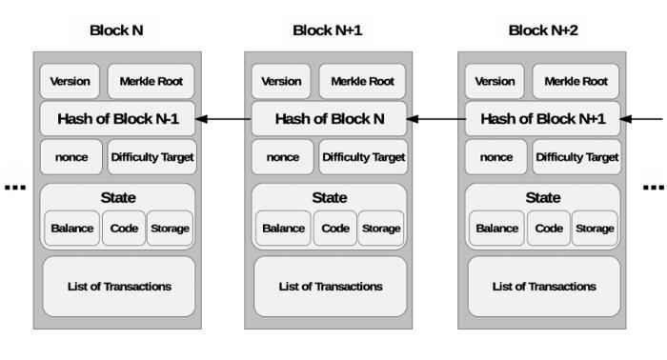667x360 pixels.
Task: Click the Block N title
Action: click(116, 30)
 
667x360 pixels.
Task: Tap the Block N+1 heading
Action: click(328, 30)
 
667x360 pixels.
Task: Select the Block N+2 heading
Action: click(543, 30)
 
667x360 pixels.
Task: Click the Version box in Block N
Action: click(70, 81)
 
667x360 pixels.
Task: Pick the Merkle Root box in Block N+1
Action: click(362, 81)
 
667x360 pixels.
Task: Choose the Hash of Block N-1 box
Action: click(118, 119)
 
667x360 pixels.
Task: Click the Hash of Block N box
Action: click(330, 119)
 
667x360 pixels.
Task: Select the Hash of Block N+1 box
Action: click(543, 119)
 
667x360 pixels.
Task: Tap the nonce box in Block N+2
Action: click(496, 157)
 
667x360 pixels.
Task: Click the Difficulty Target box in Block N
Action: click(152, 157)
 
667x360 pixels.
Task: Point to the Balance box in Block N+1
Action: click(283, 229)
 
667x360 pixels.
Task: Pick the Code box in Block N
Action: click(124, 229)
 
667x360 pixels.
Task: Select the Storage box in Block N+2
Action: click(595, 229)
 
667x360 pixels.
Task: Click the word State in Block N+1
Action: click(330, 198)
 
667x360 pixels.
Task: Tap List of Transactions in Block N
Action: click(119, 287)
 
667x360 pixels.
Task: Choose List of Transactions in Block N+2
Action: click(544, 287)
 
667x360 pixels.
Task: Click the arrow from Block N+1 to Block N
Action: click(223, 119)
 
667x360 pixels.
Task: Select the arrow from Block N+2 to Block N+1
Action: click(436, 119)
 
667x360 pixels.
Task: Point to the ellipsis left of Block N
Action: click(15, 187)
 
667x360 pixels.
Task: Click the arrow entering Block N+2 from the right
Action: click(641, 119)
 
